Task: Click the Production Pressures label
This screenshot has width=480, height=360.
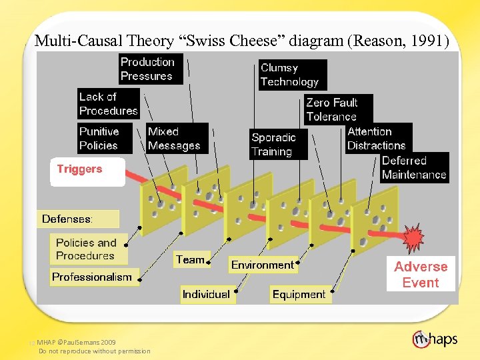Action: pos(147,69)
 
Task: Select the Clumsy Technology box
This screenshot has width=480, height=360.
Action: pos(290,75)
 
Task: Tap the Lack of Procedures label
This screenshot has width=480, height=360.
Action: pos(109,104)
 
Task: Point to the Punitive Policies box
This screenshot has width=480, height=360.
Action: pos(99,139)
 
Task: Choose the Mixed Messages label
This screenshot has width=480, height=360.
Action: pos(174,139)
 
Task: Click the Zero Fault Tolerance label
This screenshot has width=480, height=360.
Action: pos(332,109)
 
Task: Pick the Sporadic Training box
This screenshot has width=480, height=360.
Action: pos(272,145)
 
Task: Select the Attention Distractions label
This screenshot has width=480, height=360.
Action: pos(376,139)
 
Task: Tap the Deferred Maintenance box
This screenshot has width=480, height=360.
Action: pos(414,168)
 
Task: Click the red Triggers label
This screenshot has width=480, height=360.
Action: pos(80,169)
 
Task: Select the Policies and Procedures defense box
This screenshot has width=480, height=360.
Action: pos(86,249)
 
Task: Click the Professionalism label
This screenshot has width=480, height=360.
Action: pos(92,277)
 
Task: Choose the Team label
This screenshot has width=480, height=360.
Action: pos(190,260)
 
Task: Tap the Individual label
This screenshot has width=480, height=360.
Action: pos(206,294)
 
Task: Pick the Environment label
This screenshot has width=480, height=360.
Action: pos(262,265)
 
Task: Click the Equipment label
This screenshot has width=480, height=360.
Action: pos(299,294)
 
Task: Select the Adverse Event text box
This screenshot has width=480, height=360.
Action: pos(421,274)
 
